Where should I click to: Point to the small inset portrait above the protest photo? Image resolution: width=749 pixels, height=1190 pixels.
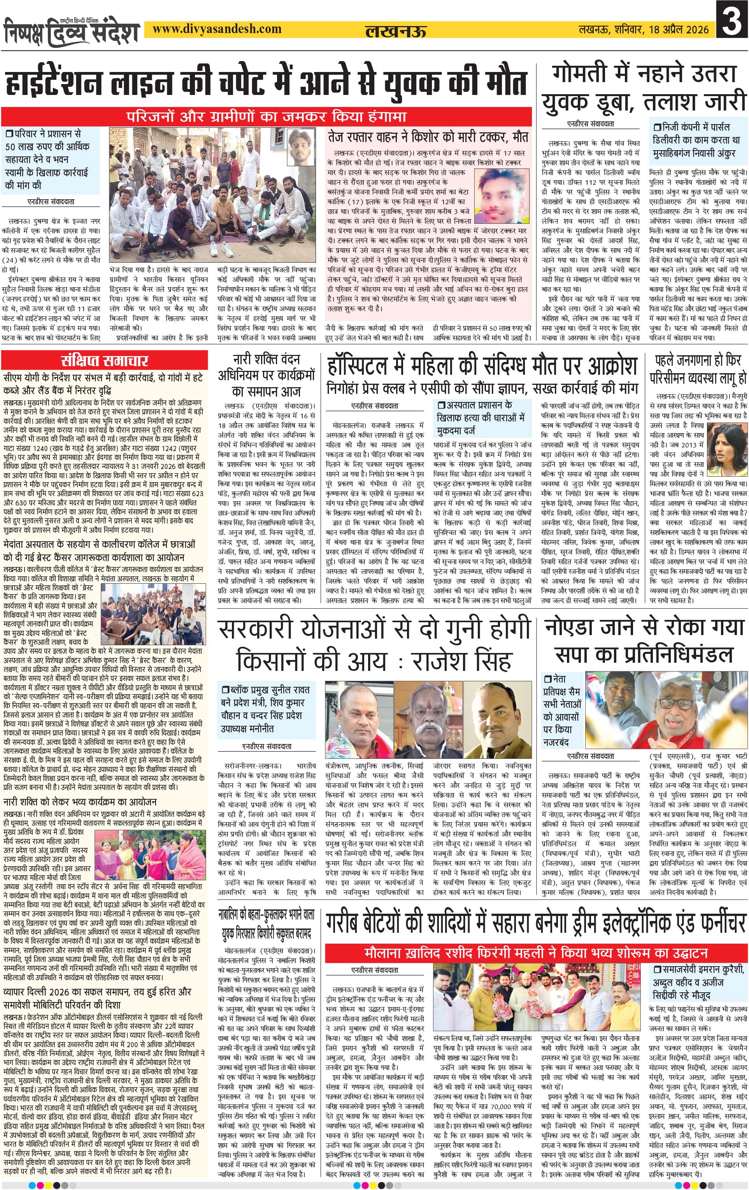[x=302, y=147]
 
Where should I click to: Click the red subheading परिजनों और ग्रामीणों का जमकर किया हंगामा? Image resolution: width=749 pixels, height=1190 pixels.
[x=267, y=117]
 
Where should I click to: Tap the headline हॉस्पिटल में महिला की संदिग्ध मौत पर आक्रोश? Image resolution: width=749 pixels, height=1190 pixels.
[x=482, y=366]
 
